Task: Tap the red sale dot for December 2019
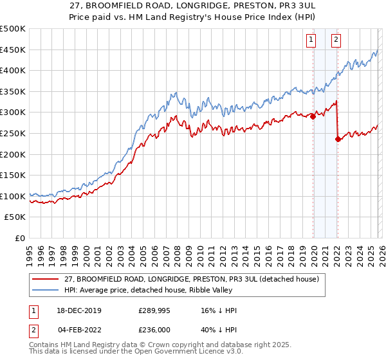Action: point(313,116)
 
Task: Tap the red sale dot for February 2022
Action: point(337,139)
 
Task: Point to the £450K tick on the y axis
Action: point(14,50)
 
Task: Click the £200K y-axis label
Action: point(14,154)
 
